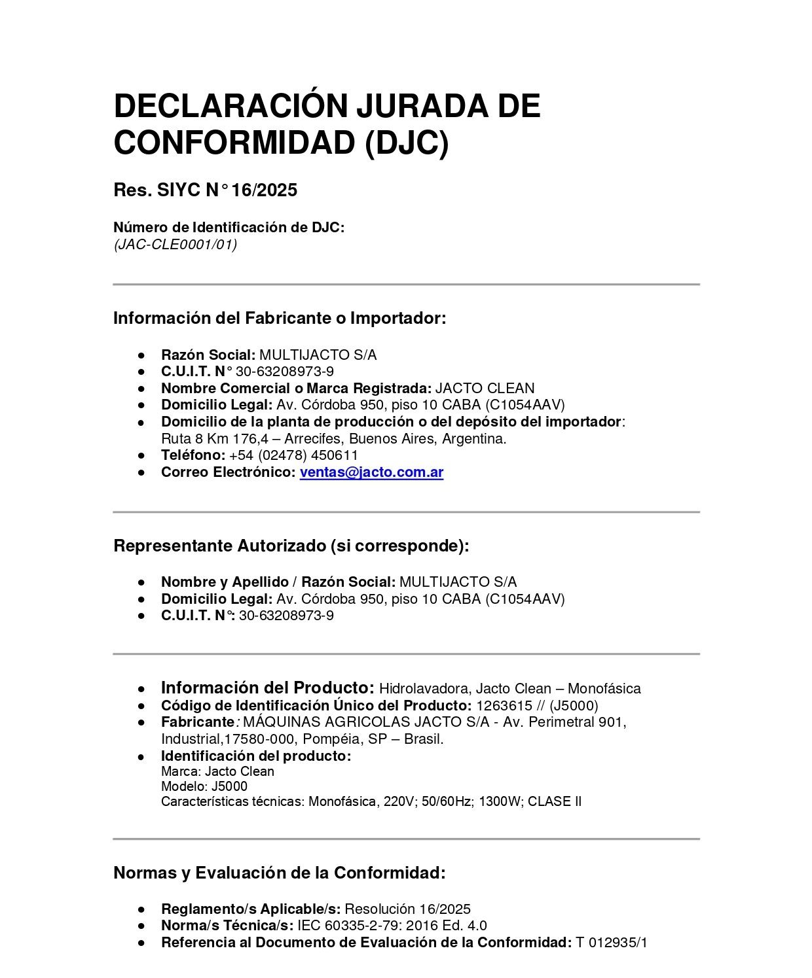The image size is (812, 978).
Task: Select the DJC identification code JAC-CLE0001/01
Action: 175,245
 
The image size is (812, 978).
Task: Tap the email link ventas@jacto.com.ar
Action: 371,472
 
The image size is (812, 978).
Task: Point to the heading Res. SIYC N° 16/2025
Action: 205,190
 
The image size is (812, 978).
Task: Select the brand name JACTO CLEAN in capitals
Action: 485,389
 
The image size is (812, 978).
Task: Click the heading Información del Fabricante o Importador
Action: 279,319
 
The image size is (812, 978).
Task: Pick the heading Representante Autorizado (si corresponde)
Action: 291,546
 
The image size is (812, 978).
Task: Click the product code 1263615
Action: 504,706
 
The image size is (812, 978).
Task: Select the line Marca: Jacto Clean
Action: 217,771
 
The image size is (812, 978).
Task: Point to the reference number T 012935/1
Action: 611,943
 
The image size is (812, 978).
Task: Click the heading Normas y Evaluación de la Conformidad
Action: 279,873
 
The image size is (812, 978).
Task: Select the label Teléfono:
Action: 193,455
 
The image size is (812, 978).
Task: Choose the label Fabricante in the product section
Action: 197,722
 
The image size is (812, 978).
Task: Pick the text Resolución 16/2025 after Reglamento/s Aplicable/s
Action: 407,909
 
